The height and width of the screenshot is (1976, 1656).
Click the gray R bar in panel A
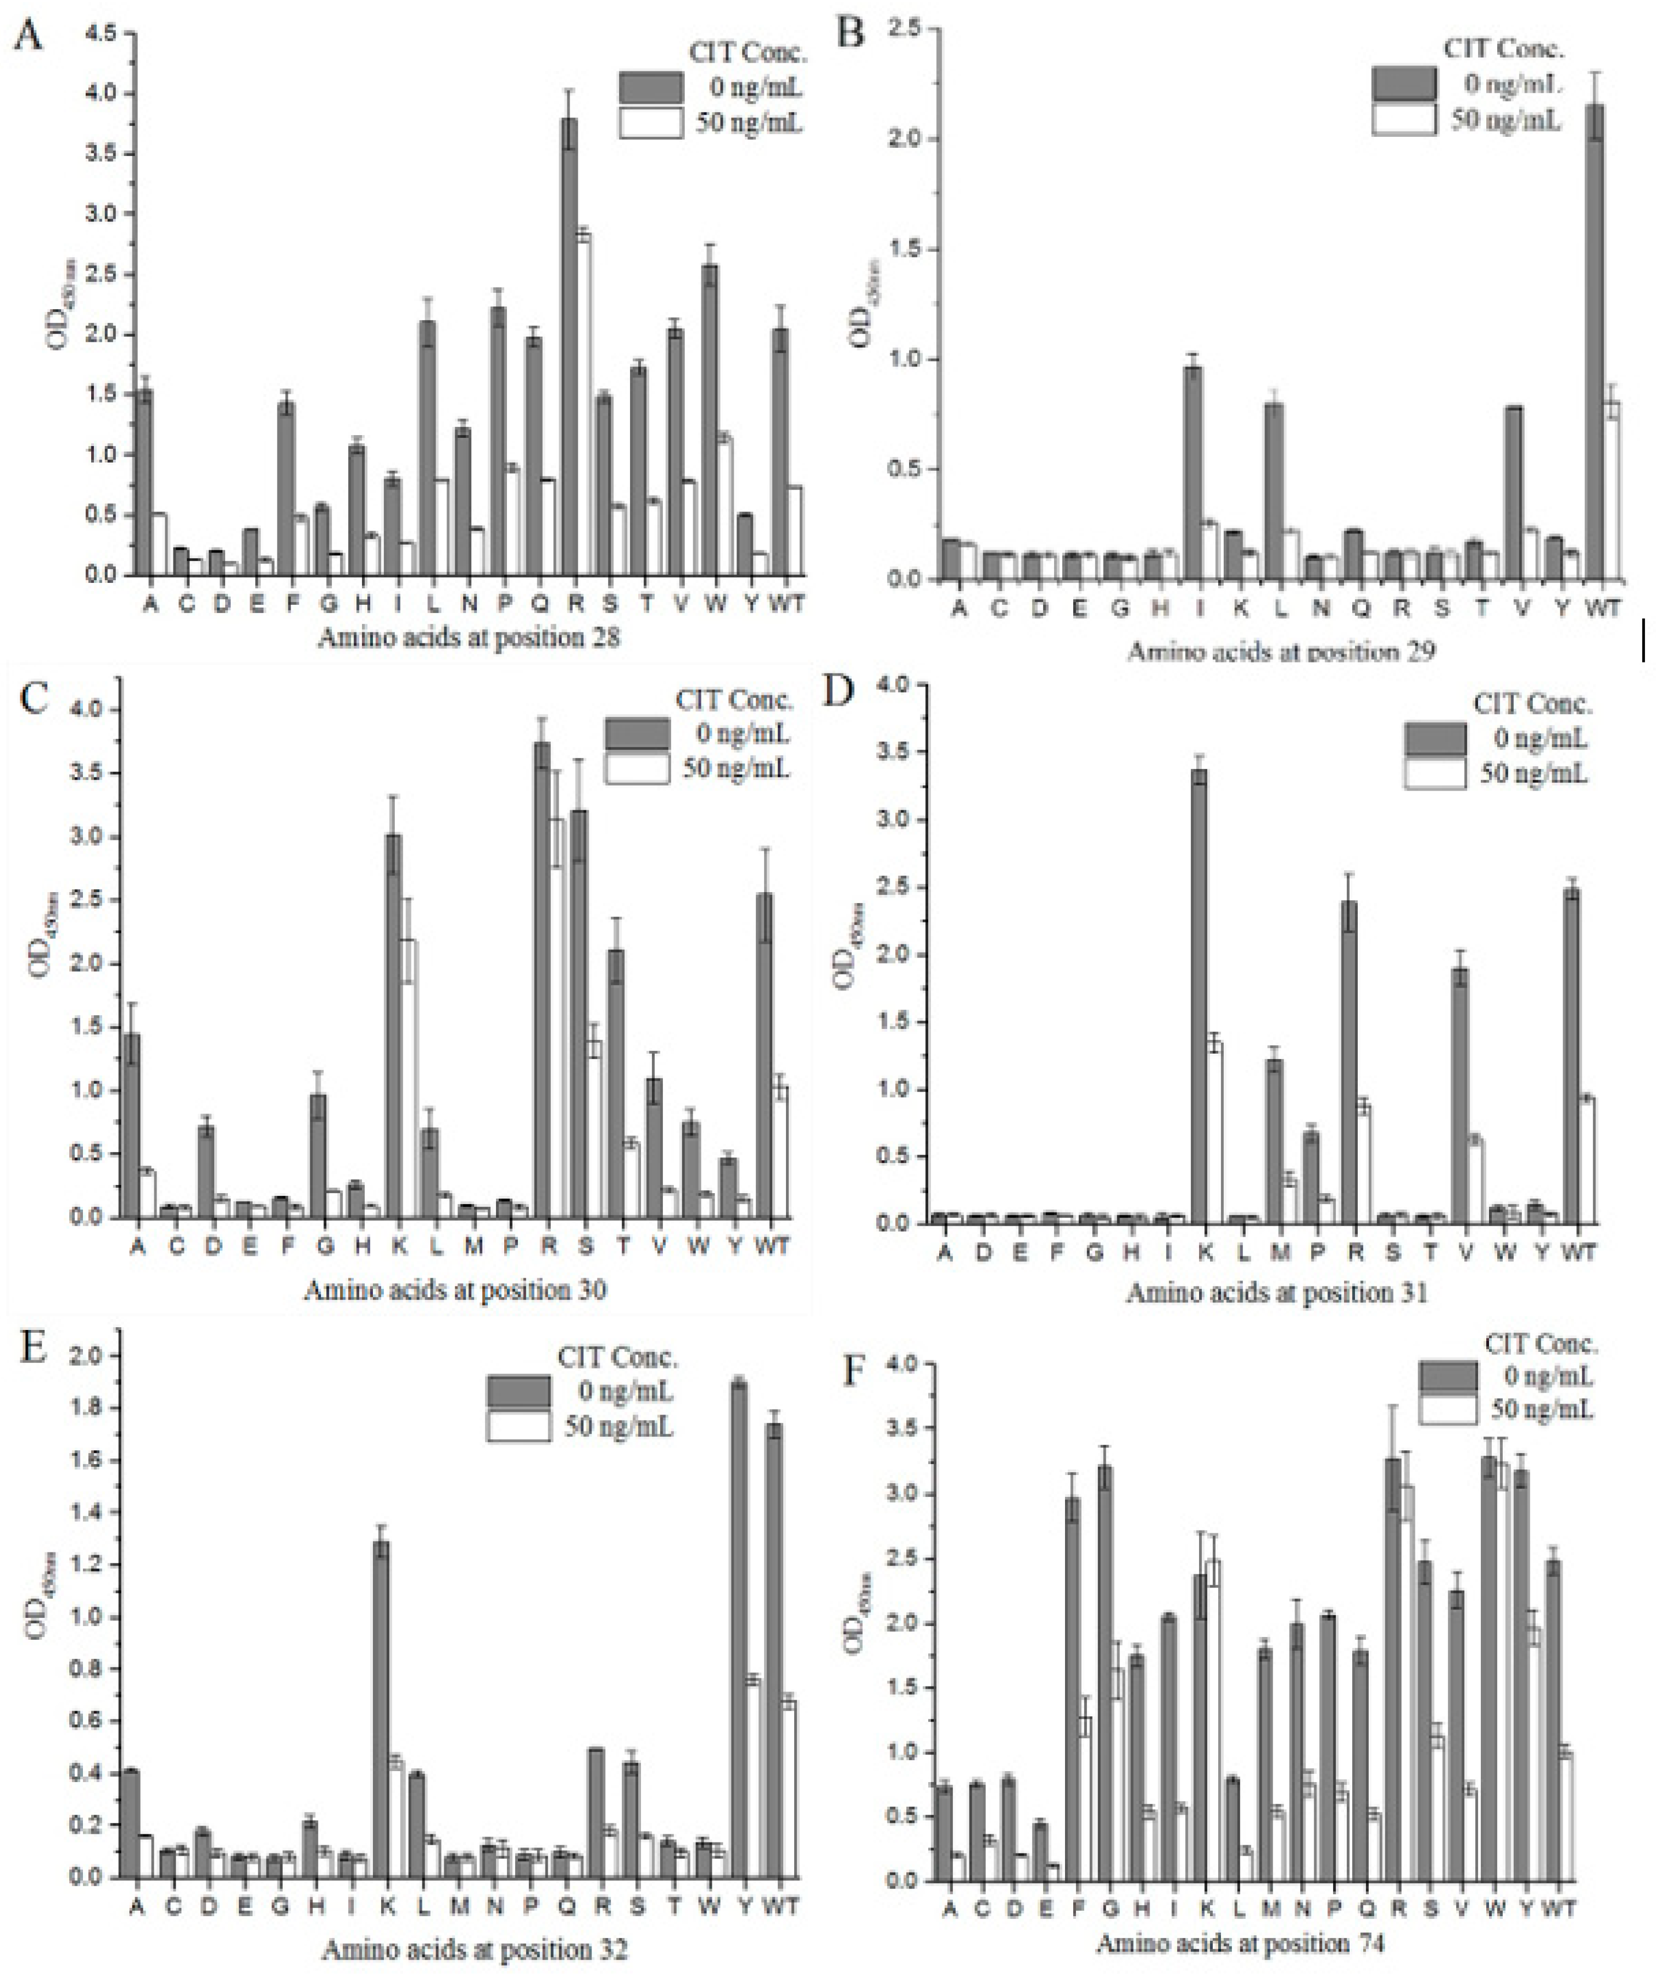pos(568,348)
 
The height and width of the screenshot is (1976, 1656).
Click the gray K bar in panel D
pos(1198,998)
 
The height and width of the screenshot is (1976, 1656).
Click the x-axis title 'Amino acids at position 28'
pos(469,638)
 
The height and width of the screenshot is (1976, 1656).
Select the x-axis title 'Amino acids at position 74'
pos(1240,1943)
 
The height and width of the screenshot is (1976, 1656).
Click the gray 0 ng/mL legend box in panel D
pos(1435,739)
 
